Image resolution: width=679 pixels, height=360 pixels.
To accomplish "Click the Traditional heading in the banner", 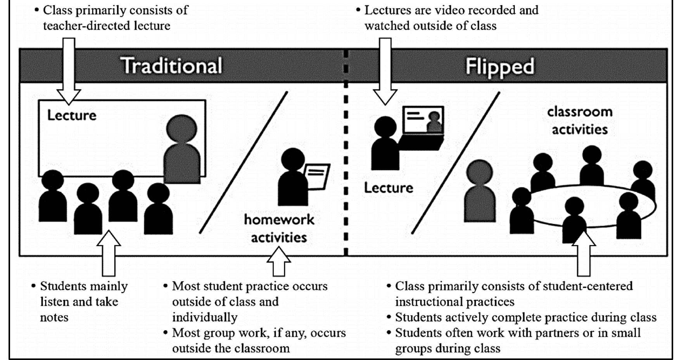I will [172, 66].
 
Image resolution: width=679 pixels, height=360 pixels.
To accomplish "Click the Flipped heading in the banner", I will [499, 66].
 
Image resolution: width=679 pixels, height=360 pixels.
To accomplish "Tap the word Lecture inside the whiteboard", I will [72, 115].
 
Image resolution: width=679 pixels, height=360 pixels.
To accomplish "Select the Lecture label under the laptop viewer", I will [388, 188].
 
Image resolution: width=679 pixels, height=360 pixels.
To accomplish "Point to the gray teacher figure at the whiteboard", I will [182, 151].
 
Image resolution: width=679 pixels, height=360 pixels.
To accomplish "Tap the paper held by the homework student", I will [317, 177].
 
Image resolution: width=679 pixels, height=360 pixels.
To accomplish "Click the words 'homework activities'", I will [279, 228].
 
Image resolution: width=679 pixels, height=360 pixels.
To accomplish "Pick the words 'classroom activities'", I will [580, 120].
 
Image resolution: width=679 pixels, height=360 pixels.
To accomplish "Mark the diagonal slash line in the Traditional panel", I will [244, 163].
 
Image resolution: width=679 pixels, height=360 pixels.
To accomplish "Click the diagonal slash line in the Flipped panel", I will [456, 163].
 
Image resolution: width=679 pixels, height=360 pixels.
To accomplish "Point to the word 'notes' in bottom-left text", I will [54, 317].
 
